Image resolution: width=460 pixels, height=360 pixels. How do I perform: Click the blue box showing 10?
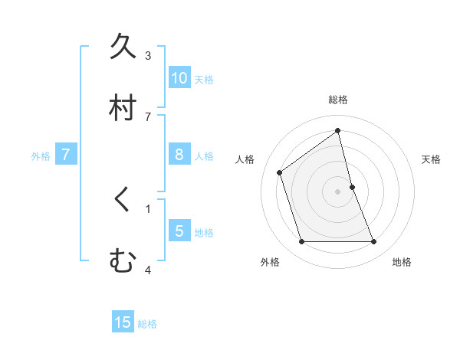(x=179, y=78)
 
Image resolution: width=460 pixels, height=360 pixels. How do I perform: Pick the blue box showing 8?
(x=179, y=155)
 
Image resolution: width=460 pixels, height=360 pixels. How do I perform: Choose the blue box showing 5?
(x=179, y=231)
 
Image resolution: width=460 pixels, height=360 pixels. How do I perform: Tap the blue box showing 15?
(x=123, y=322)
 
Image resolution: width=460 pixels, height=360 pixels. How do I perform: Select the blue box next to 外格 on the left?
(x=66, y=155)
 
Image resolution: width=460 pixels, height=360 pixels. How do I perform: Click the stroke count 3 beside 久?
(x=148, y=56)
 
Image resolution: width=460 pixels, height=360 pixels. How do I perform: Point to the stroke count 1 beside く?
(x=148, y=208)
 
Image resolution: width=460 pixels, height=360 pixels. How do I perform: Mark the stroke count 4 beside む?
(x=148, y=270)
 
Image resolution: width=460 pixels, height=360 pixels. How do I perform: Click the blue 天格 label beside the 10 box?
(x=204, y=80)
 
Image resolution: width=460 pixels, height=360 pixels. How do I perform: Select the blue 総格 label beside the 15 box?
(x=147, y=324)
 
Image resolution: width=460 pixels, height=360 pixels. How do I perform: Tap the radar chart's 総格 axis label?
(x=338, y=100)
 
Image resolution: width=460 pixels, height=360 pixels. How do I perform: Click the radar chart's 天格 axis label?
(x=432, y=159)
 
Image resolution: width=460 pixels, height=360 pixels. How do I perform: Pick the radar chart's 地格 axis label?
(x=402, y=262)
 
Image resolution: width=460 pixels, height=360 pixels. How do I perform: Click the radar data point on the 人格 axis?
(x=280, y=172)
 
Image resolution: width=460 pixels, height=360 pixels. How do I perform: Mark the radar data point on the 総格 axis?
(x=338, y=131)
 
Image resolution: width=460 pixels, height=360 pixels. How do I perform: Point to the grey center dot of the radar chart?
(x=338, y=191)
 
